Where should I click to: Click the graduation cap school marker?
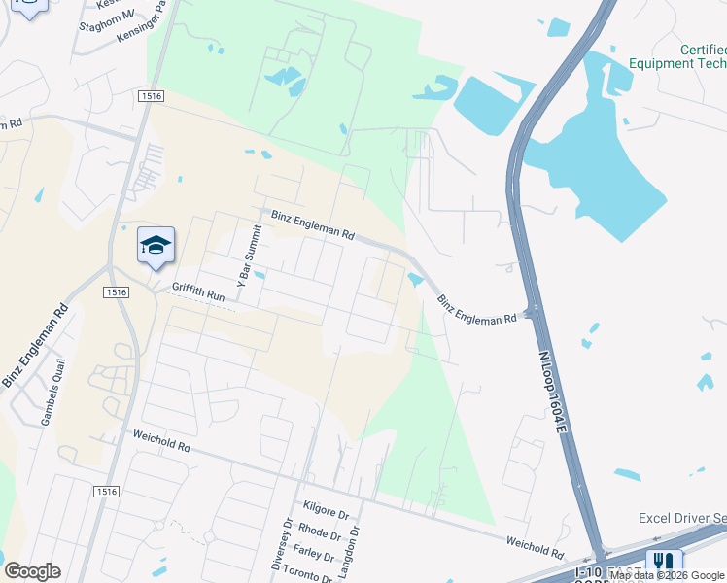[x=156, y=246]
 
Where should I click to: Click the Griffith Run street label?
[x=199, y=289]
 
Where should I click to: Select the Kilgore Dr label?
[x=326, y=511]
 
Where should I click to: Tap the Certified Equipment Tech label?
[x=676, y=56]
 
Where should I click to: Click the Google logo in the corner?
[x=32, y=571]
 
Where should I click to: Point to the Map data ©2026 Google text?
[x=668, y=575]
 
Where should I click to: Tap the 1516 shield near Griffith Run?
[x=115, y=291]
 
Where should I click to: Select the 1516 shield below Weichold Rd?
[x=107, y=493]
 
